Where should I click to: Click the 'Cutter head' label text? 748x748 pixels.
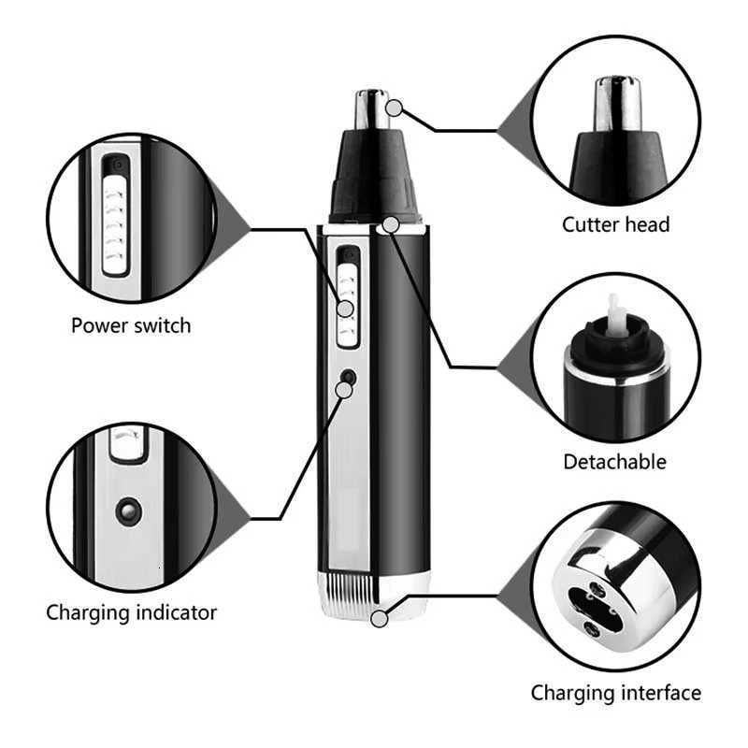pyautogui.click(x=615, y=224)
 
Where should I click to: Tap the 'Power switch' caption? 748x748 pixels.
pyautogui.click(x=131, y=325)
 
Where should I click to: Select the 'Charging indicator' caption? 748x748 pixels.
pyautogui.click(x=132, y=613)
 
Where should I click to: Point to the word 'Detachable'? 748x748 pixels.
pyautogui.click(x=614, y=461)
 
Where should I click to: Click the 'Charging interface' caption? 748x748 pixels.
pyautogui.click(x=615, y=693)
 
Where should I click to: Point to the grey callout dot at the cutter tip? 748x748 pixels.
pyautogui.click(x=396, y=108)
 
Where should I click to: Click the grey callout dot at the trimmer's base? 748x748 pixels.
pyautogui.click(x=379, y=618)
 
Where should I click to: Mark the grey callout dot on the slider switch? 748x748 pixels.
pyautogui.click(x=346, y=308)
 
